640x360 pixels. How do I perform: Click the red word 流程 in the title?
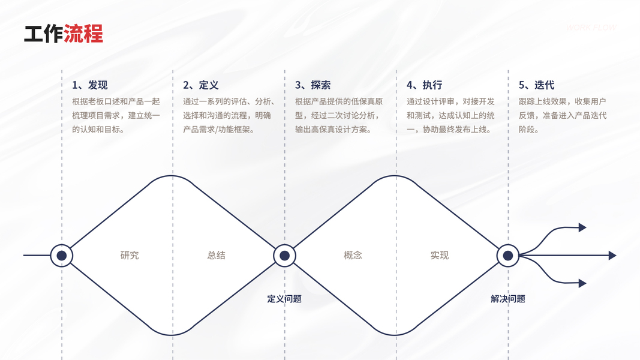click(83, 34)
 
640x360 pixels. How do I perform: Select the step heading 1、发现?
click(89, 85)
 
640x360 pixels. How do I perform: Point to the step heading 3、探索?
click(313, 85)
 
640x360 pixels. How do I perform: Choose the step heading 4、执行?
click(424, 85)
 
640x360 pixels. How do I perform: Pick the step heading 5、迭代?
click(536, 85)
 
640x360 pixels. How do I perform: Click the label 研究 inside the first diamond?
click(130, 256)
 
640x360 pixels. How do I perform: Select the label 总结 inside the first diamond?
click(217, 256)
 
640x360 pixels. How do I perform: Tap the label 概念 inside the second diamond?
click(353, 256)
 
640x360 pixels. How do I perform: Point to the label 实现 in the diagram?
click(440, 256)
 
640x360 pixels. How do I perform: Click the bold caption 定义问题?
click(284, 299)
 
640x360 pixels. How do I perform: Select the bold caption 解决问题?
click(507, 299)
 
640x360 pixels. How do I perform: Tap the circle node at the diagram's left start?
click(61, 256)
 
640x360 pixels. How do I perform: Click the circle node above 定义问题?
click(284, 256)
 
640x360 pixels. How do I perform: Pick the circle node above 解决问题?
click(507, 256)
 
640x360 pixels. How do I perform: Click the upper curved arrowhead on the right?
click(582, 227)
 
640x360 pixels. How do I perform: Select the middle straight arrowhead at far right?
click(612, 256)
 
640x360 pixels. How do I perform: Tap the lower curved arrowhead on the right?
click(582, 283)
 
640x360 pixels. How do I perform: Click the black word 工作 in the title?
click(43, 34)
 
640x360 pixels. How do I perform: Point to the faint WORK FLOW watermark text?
click(591, 28)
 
